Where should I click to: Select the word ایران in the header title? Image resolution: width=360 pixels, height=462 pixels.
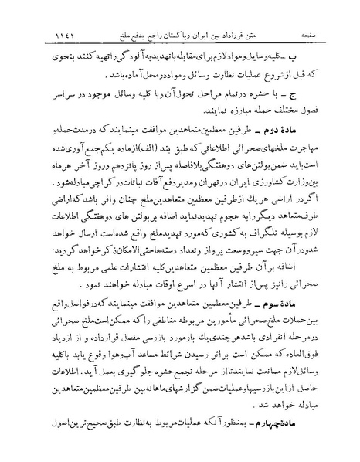[209, 36]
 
